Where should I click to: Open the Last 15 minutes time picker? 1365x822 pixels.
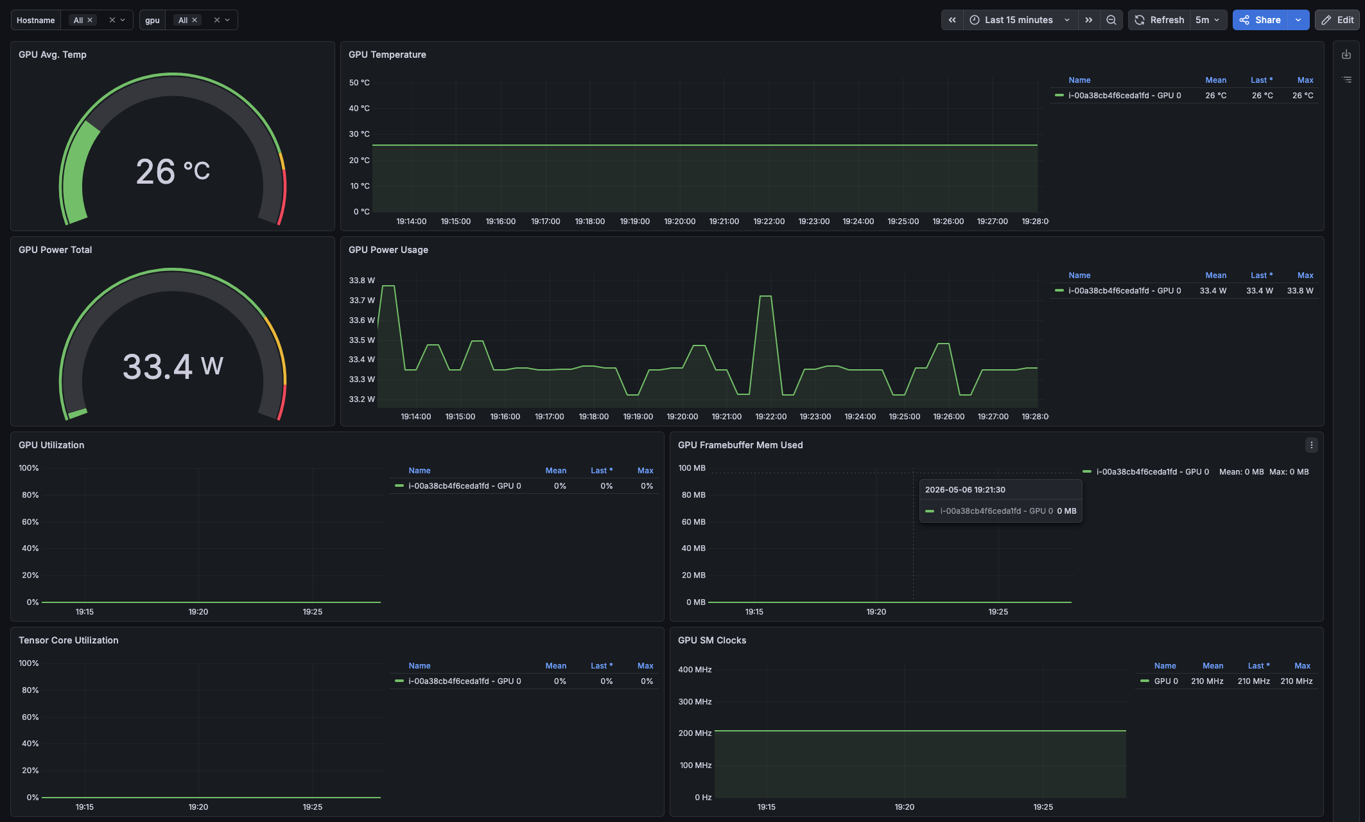tap(1020, 20)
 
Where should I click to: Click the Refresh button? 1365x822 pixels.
tap(1159, 20)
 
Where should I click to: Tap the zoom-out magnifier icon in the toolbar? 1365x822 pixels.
tap(1111, 20)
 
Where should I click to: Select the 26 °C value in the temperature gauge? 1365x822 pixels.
tap(173, 171)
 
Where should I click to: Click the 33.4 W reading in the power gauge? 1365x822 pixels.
tap(173, 367)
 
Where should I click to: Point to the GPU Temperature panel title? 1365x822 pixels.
tap(387, 55)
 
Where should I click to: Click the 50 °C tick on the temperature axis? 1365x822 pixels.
tap(359, 83)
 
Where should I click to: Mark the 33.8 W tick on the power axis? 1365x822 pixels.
tap(361, 281)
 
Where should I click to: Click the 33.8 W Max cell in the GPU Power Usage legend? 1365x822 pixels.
tap(1300, 291)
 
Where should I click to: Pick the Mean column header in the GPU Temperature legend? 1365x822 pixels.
tap(1215, 80)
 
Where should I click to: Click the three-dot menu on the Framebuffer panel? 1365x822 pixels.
tap(1311, 445)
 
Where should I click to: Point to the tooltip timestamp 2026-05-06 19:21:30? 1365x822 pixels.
tap(965, 490)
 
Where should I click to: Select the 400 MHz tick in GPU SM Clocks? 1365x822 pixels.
tap(695, 670)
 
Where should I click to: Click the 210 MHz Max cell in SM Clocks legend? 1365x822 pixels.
tap(1296, 681)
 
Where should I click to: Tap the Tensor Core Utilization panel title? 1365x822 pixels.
tap(69, 640)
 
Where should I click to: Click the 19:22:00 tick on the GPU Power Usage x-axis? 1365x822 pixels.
tap(770, 417)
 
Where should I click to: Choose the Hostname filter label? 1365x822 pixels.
tap(36, 20)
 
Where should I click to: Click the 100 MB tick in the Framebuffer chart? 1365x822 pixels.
tap(691, 468)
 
